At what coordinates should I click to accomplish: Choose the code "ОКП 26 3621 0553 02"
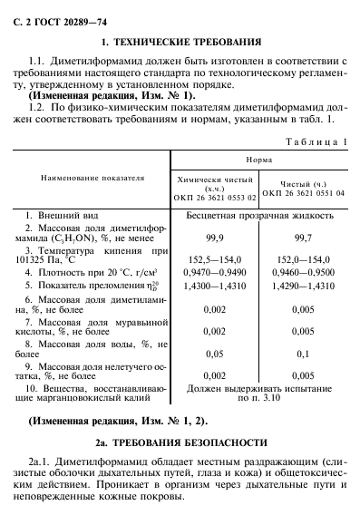[x=216, y=197]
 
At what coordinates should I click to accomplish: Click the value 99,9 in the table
[x=216, y=233]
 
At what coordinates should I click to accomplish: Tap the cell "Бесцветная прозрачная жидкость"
[x=259, y=217]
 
